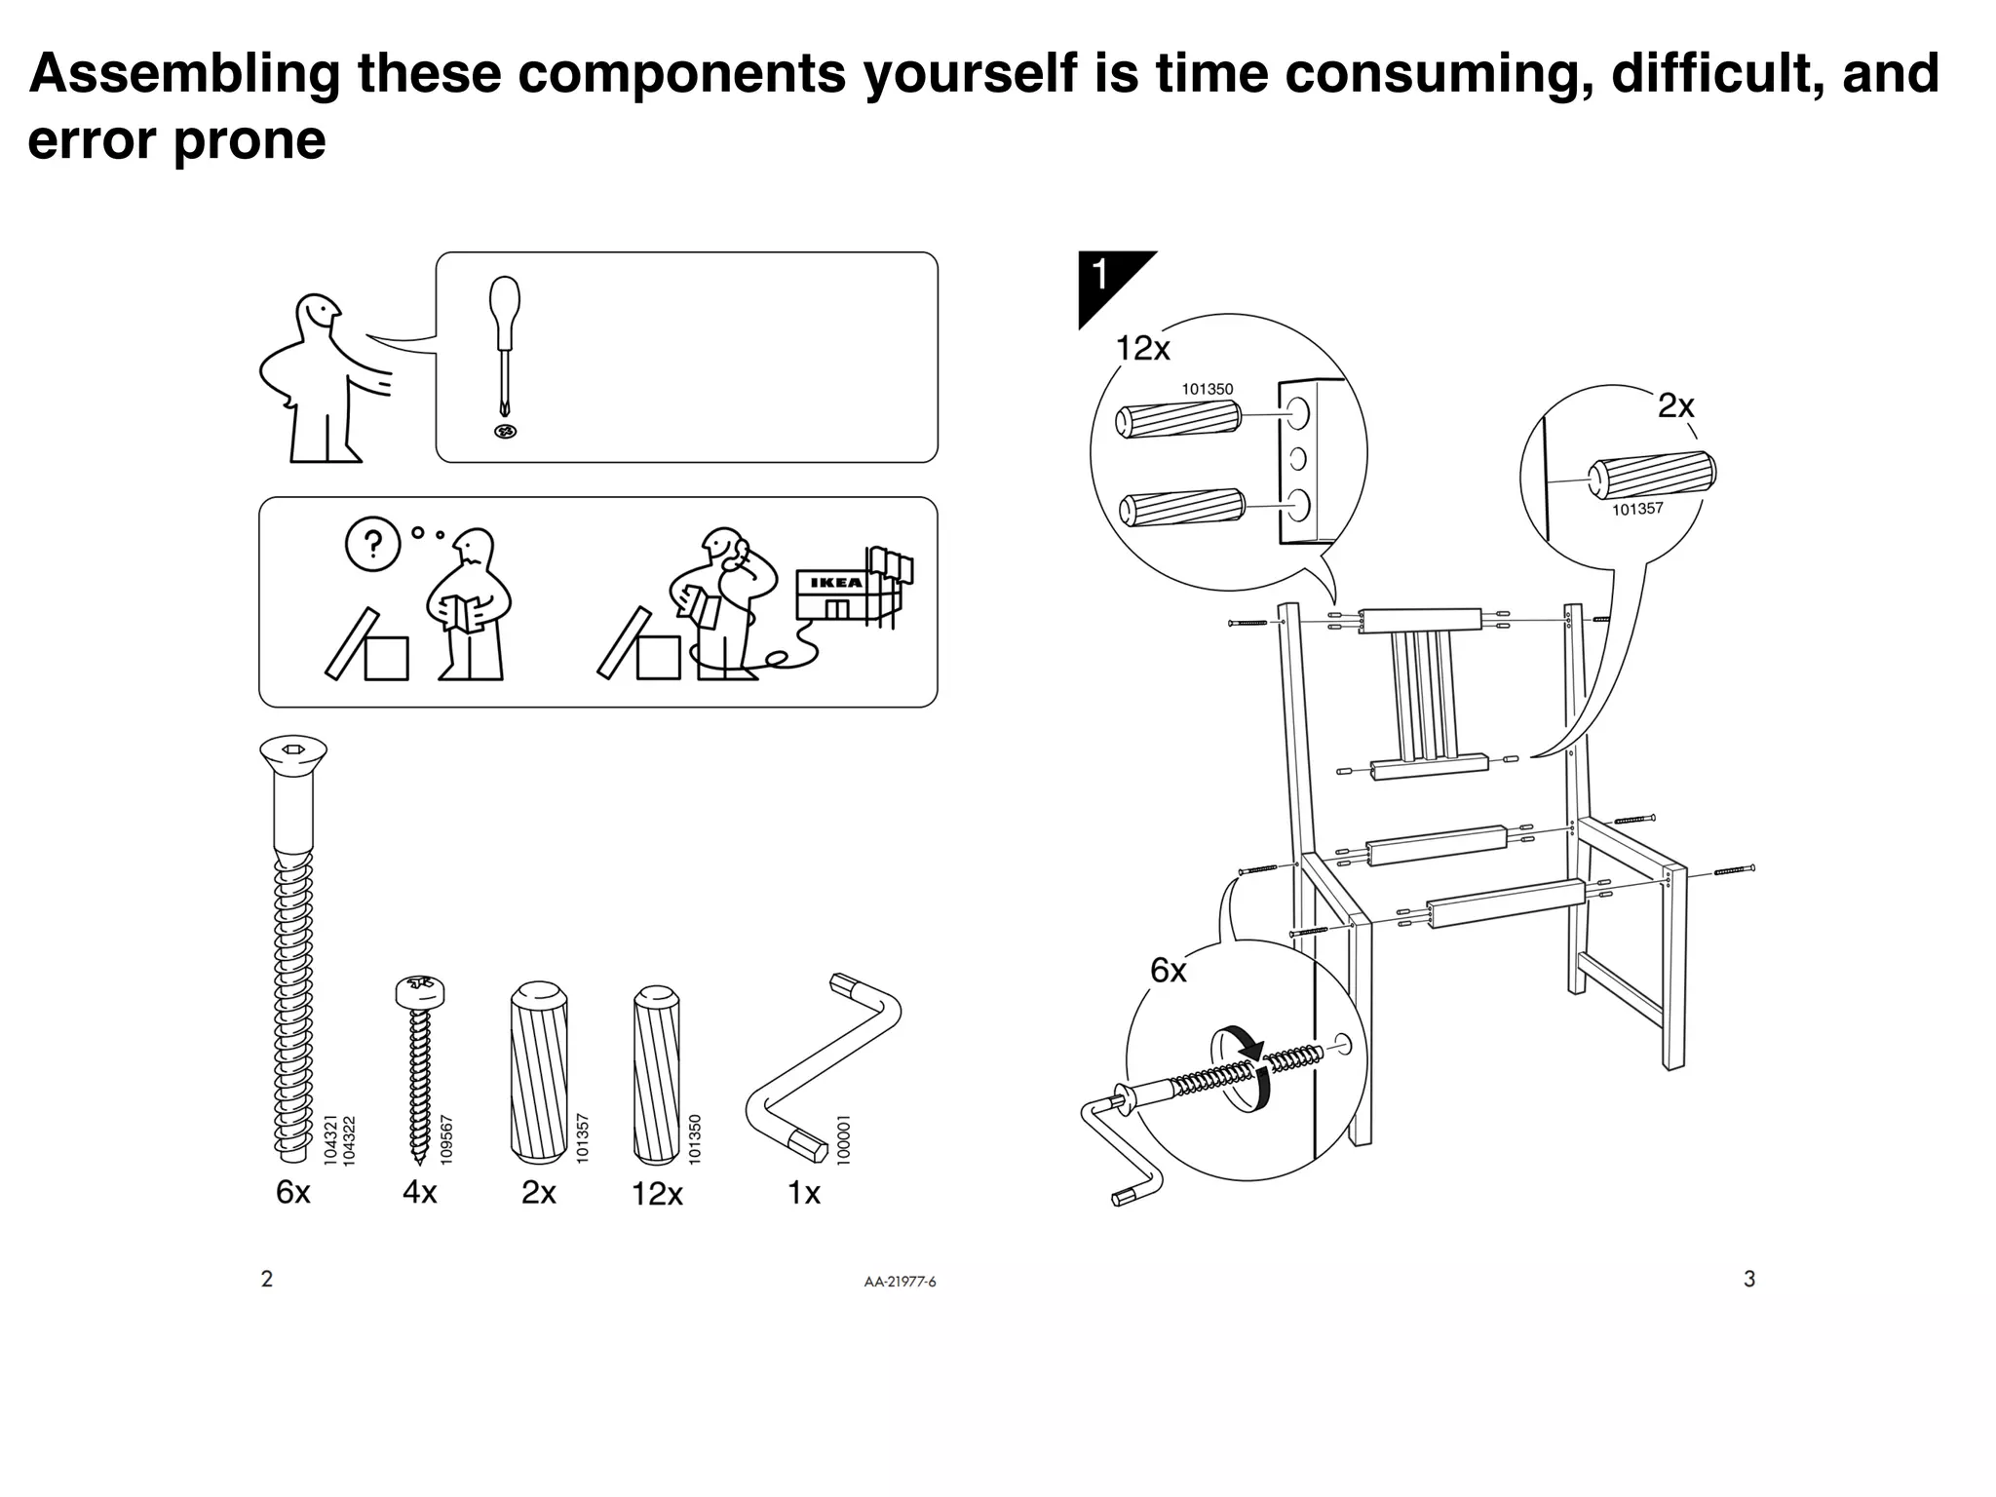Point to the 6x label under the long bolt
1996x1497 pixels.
292,1191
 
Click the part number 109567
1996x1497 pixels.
447,1137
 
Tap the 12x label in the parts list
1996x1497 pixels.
657,1193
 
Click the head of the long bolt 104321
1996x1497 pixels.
293,752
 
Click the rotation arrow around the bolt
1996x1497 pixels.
1242,1067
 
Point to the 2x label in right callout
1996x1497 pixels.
1676,405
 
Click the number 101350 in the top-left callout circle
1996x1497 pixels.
1207,389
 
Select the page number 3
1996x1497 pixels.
1749,1279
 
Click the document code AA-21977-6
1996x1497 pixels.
900,1282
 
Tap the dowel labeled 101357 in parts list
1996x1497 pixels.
538,1072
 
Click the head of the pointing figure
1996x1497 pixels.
317,317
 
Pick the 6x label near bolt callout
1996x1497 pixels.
1168,971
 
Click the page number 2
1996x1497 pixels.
267,1279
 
